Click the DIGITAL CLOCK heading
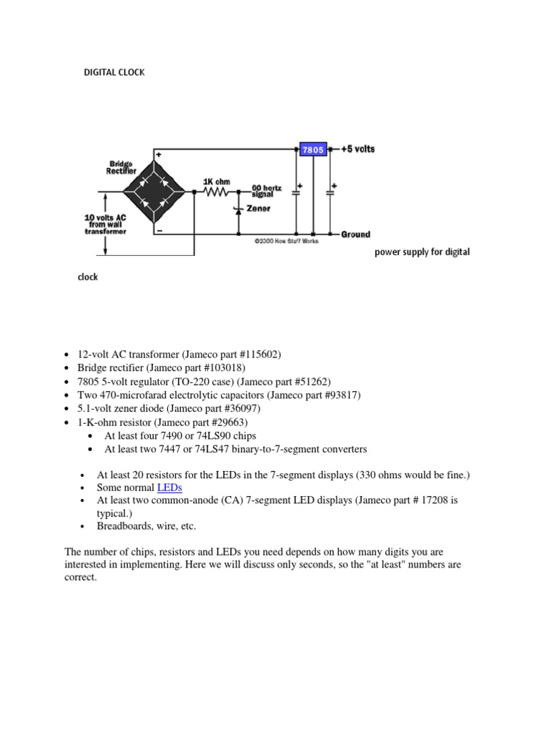(x=114, y=72)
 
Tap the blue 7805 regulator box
(x=313, y=149)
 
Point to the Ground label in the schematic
(x=355, y=234)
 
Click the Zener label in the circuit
(x=258, y=209)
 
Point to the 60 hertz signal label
(x=267, y=191)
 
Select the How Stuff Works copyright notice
(x=287, y=242)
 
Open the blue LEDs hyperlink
(x=169, y=488)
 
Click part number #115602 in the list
(x=256, y=355)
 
